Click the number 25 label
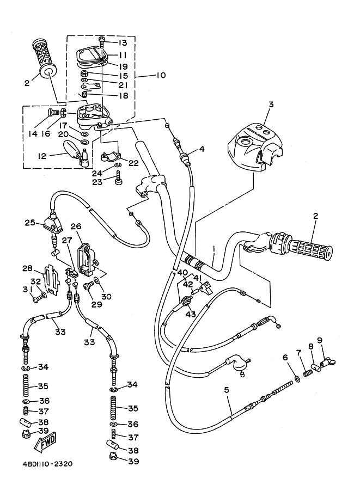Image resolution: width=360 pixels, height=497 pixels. point(30,222)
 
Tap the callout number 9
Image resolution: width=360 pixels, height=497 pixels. point(320,341)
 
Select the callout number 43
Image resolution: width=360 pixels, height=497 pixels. point(192,314)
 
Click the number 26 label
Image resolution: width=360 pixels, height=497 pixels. point(75,226)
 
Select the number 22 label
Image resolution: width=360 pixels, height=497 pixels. point(134,163)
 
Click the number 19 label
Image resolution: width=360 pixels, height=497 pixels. point(123,65)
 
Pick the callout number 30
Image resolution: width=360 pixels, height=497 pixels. point(106,297)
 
